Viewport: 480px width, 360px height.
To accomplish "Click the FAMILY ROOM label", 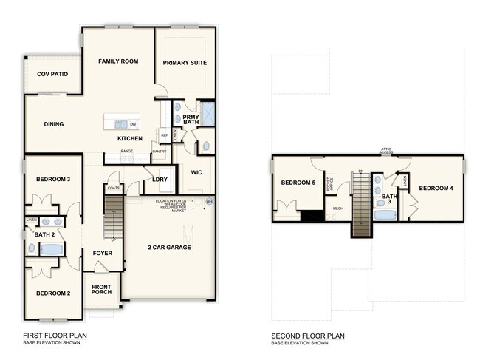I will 119,61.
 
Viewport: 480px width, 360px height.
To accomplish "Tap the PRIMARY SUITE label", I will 185,63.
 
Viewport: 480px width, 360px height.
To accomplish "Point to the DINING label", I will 53,124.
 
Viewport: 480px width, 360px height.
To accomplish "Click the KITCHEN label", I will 130,139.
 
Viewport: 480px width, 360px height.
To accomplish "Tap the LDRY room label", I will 159,179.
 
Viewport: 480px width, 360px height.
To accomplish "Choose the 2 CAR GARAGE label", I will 168,247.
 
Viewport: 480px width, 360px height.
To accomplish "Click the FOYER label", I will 103,254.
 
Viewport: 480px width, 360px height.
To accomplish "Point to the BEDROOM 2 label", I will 53,293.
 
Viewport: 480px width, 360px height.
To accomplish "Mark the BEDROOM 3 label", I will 53,179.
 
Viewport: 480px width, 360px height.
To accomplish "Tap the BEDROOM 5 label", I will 298,183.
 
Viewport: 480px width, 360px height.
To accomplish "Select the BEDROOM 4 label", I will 436,188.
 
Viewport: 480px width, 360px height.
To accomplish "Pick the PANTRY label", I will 159,152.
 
